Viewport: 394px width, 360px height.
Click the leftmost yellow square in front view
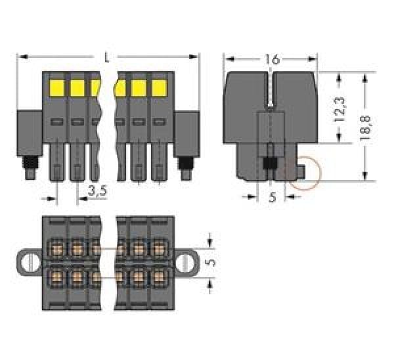pyautogui.click(x=56, y=87)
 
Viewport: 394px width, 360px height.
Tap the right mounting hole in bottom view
pyautogui.click(x=187, y=263)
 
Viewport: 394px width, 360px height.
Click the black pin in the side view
pyautogui.click(x=269, y=164)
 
